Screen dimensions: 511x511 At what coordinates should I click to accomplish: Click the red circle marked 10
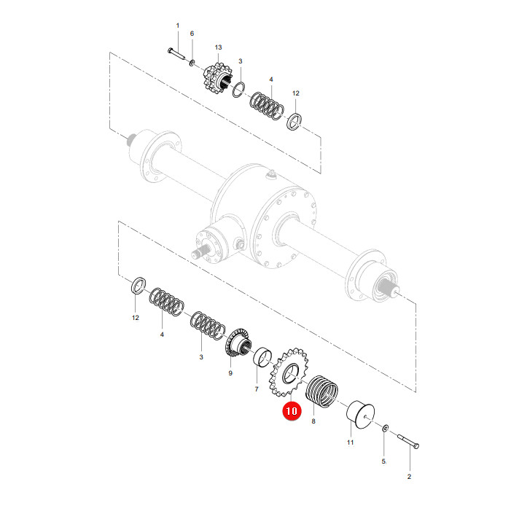[292, 410]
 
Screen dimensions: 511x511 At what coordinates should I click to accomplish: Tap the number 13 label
[219, 47]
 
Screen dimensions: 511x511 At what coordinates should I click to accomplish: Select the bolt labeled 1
[176, 53]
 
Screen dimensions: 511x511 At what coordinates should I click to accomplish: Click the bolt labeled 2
[408, 442]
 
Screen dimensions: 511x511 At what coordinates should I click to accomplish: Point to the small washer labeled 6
[192, 62]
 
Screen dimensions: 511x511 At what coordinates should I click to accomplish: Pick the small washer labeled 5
[385, 428]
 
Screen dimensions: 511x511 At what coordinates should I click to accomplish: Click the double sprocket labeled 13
[219, 79]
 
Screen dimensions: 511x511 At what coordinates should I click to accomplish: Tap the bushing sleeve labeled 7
[262, 357]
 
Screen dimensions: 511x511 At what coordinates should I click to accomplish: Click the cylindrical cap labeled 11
[360, 415]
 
